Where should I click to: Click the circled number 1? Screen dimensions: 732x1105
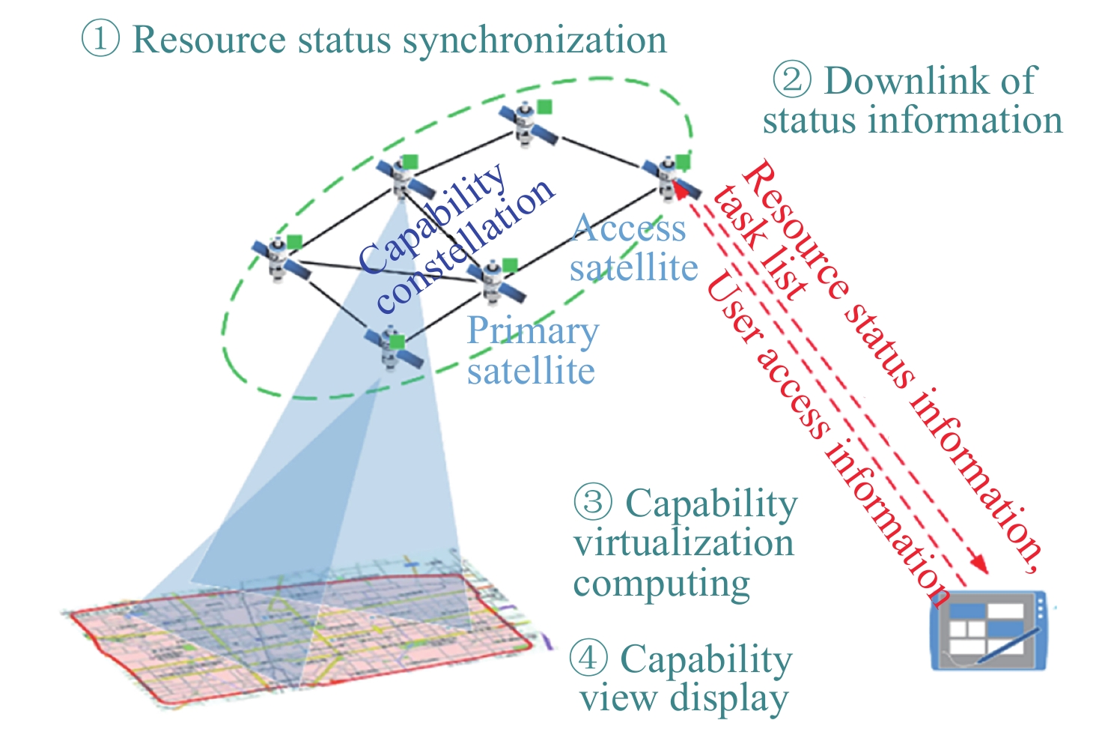100,38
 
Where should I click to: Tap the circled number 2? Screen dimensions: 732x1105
791,79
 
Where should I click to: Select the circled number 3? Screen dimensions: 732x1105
593,501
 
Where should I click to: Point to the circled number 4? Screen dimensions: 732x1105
588,657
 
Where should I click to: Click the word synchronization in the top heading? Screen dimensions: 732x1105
535,40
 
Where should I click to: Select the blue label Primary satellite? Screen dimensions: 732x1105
532,351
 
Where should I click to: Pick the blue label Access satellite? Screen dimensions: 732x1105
632,248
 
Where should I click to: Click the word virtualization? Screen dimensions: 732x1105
684,542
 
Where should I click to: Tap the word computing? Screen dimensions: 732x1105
662,584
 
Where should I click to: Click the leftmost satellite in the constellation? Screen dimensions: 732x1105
281,259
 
